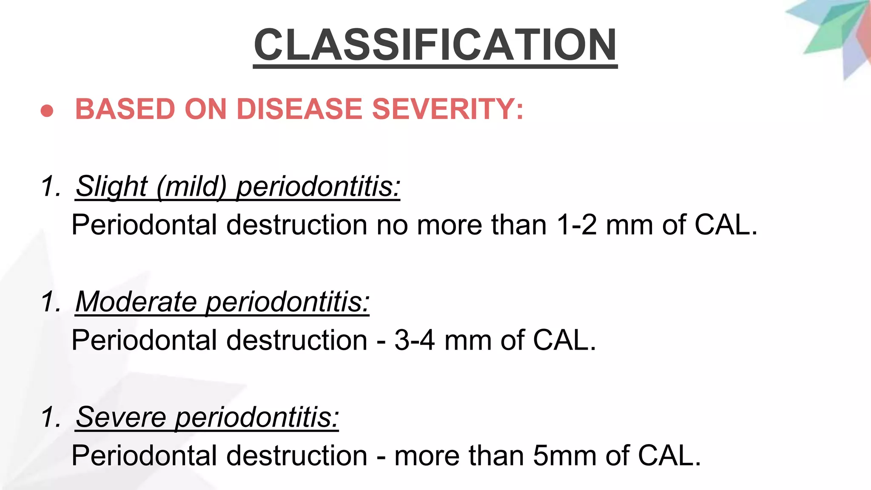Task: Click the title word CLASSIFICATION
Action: [435, 45]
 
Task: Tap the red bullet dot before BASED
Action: [47, 111]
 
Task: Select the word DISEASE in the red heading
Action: [299, 109]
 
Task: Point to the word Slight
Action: [111, 186]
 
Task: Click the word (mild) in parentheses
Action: [191, 186]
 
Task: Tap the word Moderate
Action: [136, 302]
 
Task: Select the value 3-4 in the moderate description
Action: [414, 340]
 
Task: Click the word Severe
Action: [121, 417]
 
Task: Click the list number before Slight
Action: [51, 186]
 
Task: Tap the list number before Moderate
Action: [51, 302]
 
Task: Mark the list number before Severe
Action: [51, 417]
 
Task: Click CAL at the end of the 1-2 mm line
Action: [725, 225]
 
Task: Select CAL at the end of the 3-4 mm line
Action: [564, 340]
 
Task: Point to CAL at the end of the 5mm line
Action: [669, 456]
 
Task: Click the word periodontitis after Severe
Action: [257, 417]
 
